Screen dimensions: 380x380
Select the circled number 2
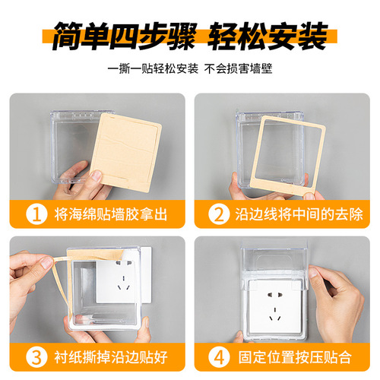(220, 214)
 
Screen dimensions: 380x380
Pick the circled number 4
(220, 356)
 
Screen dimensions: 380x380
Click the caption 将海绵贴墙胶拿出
(115, 214)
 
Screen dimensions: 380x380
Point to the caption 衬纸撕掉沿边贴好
(115, 356)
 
